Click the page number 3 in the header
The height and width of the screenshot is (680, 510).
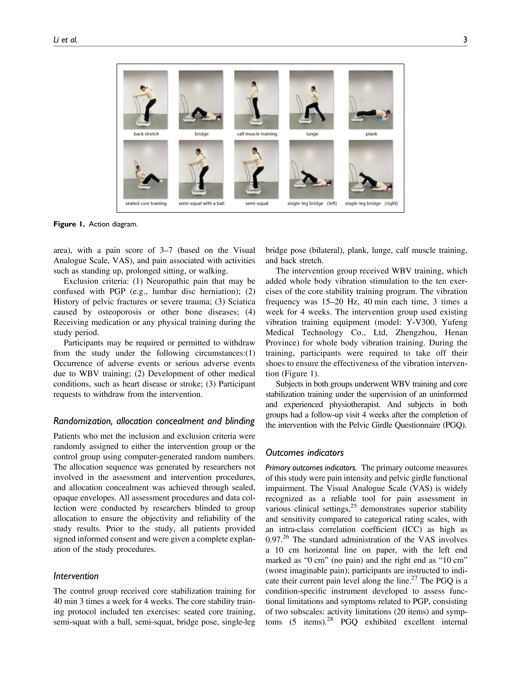(x=465, y=40)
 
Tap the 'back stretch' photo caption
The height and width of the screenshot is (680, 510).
(x=146, y=134)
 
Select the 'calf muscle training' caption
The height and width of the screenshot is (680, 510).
(x=257, y=134)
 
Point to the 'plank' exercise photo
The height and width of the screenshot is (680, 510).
(x=370, y=100)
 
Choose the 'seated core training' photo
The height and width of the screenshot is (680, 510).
(x=145, y=169)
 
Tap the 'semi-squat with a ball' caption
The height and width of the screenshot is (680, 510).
(x=201, y=203)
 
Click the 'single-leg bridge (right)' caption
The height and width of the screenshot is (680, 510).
(x=371, y=203)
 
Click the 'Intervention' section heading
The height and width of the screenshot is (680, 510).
(x=76, y=576)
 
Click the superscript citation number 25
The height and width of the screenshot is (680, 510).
(x=354, y=506)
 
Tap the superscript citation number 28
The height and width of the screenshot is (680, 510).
(x=330, y=619)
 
